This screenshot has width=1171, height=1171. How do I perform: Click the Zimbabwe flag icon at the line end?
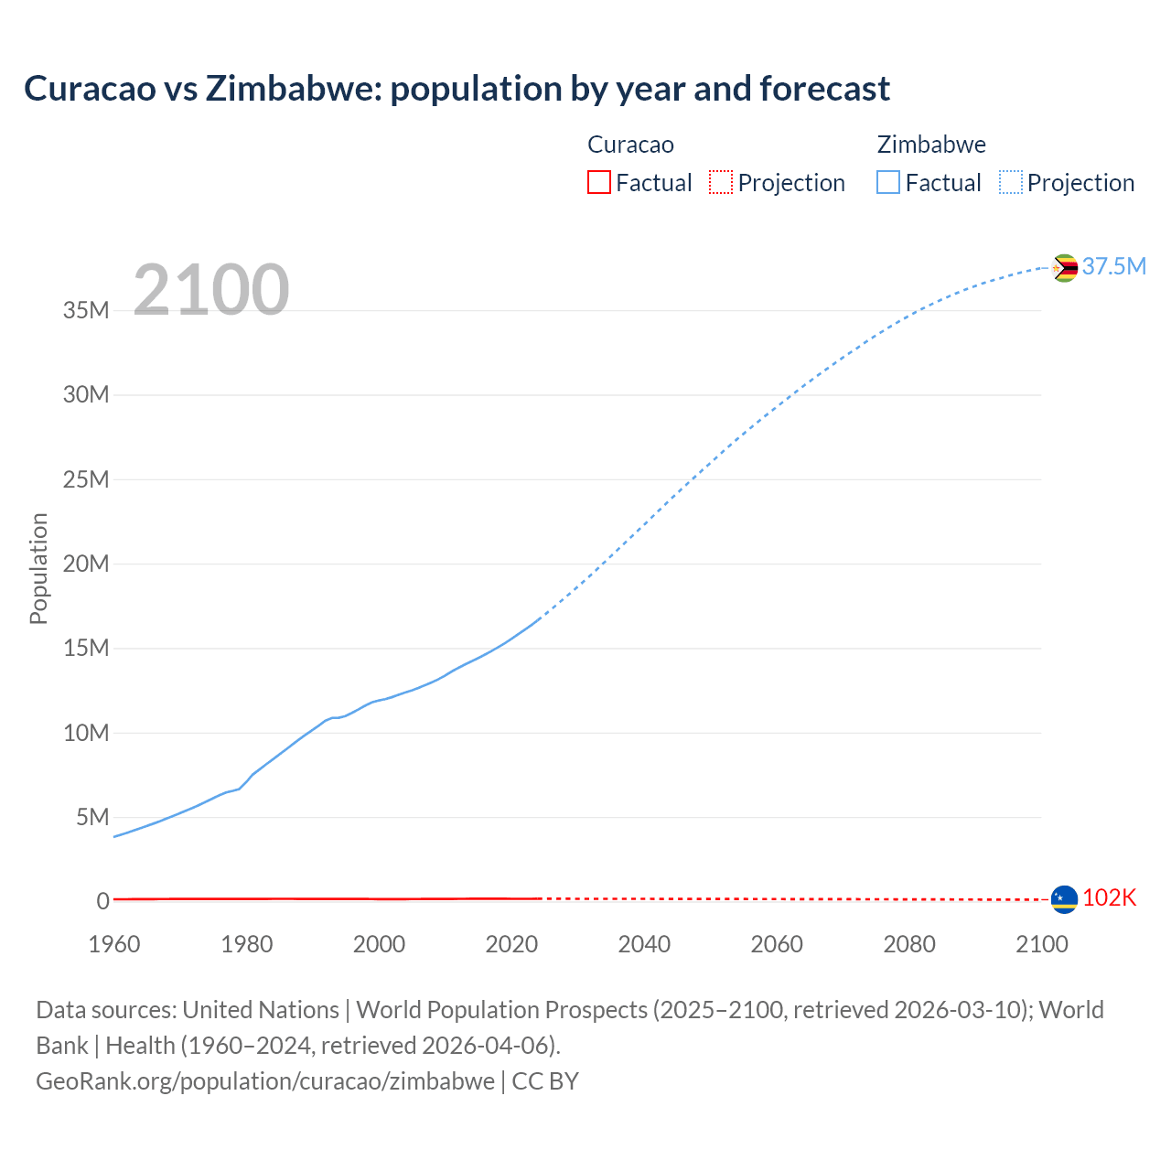(1064, 268)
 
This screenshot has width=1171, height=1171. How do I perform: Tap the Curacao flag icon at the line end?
(1064, 899)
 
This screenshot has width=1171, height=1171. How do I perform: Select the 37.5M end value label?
(1113, 266)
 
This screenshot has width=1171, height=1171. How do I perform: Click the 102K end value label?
(1109, 898)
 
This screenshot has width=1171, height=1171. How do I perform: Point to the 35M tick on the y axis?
(86, 310)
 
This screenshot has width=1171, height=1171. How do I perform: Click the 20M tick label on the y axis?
(86, 564)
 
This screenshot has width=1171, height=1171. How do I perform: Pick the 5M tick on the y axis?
(92, 817)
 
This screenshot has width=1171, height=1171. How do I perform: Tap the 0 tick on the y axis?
(103, 901)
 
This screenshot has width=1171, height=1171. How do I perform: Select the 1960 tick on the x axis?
(114, 944)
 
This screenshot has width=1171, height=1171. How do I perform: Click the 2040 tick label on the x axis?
(644, 944)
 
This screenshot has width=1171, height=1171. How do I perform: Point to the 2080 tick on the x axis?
(909, 944)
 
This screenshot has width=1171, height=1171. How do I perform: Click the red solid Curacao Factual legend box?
(598, 182)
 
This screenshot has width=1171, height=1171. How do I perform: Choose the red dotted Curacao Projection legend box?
(721, 182)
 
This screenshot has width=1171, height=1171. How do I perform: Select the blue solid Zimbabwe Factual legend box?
(888, 182)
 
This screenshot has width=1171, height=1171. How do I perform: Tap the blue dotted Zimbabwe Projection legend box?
(1011, 182)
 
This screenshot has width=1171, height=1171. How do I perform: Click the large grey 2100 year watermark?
(211, 290)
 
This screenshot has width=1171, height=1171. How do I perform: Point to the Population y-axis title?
(38, 568)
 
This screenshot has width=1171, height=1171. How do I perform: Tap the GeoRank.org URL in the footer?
(265, 1080)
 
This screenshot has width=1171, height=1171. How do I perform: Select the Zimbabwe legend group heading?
(931, 145)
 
